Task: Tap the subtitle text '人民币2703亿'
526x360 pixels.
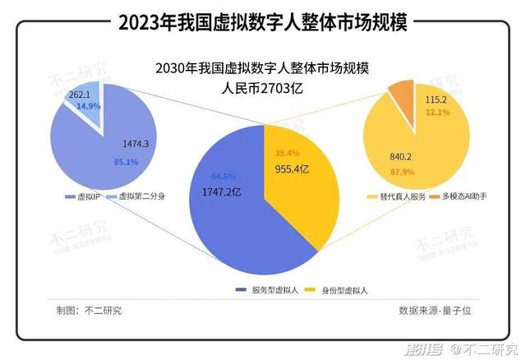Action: [x=263, y=88]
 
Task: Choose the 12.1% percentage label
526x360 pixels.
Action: [x=437, y=113]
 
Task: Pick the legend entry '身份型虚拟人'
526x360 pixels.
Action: [x=339, y=290]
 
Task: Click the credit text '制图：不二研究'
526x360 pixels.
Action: [x=89, y=310]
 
